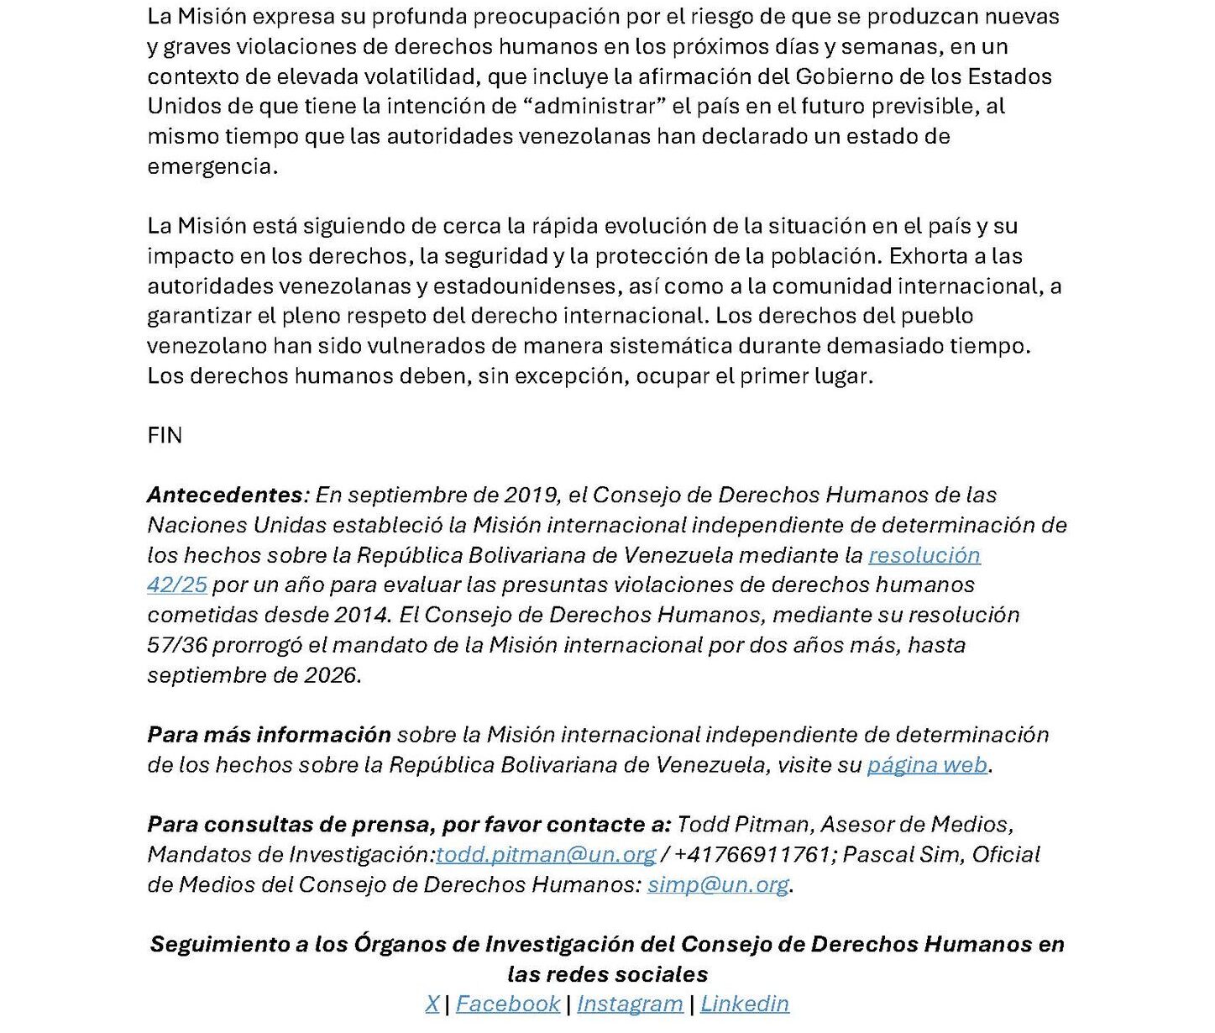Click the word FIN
(165, 435)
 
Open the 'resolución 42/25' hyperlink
(924, 555)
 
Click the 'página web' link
(926, 764)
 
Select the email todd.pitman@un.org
(546, 854)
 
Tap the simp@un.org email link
(718, 884)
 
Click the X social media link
(432, 1004)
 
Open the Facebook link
(508, 1004)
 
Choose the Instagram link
(630, 1004)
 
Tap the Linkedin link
(745, 1004)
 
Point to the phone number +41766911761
(752, 854)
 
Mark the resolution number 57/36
(176, 645)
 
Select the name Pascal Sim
(903, 854)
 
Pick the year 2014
(361, 615)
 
